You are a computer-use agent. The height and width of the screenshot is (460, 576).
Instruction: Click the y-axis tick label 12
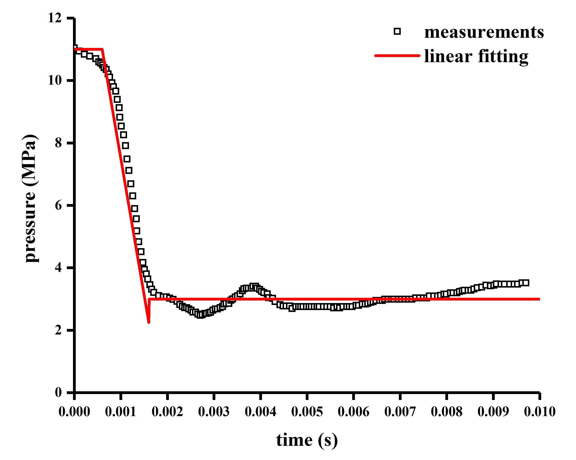(x=55, y=18)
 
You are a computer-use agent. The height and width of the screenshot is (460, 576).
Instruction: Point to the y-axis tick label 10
(x=55, y=80)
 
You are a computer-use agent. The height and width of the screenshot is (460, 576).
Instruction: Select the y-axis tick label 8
(x=58, y=143)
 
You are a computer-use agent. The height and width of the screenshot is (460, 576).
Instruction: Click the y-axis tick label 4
(x=58, y=268)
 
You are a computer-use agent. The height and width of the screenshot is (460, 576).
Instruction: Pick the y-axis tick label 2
(x=58, y=330)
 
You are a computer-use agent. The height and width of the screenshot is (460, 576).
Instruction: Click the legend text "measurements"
(x=484, y=32)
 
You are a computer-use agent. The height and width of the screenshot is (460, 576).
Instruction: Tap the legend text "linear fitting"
(x=476, y=56)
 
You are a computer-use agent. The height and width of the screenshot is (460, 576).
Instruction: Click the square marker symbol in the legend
(x=397, y=32)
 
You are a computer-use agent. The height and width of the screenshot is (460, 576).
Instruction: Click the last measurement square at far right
(x=526, y=283)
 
